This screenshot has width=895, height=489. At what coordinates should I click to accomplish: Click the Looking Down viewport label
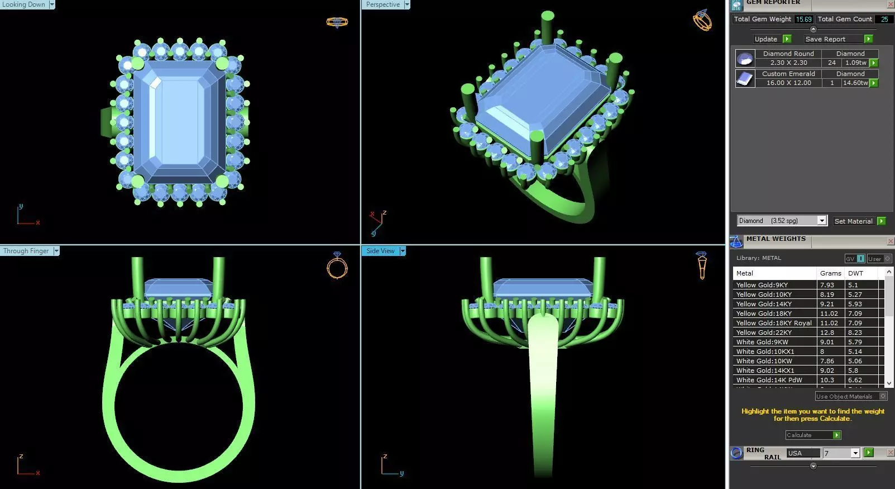pos(23,4)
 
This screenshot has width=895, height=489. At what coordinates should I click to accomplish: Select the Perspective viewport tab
pos(383,4)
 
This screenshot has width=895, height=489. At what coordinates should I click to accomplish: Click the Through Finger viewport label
pos(26,251)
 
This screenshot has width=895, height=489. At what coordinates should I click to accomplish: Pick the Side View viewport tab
pos(380,251)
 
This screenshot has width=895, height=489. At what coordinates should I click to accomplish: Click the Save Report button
pos(825,39)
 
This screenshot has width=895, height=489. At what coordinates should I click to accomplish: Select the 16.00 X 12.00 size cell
pos(788,83)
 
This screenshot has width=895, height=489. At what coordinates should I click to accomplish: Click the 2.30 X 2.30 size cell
pos(788,63)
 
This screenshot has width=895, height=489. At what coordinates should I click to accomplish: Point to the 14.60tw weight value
pos(855,83)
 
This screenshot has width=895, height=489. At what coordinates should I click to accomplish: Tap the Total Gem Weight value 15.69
pos(803,19)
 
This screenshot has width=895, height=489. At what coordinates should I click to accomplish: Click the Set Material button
pos(853,221)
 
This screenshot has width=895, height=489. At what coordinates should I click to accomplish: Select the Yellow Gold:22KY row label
pos(764,333)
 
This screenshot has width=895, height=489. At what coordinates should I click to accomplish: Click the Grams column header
pos(830,273)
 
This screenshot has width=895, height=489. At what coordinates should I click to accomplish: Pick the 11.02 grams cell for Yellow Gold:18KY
pos(829,314)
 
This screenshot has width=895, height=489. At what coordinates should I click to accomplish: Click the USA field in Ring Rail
pos(803,453)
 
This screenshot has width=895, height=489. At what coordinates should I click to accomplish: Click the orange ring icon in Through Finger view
pos(337,266)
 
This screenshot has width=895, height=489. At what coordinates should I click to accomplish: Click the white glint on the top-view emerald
pos(155,83)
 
